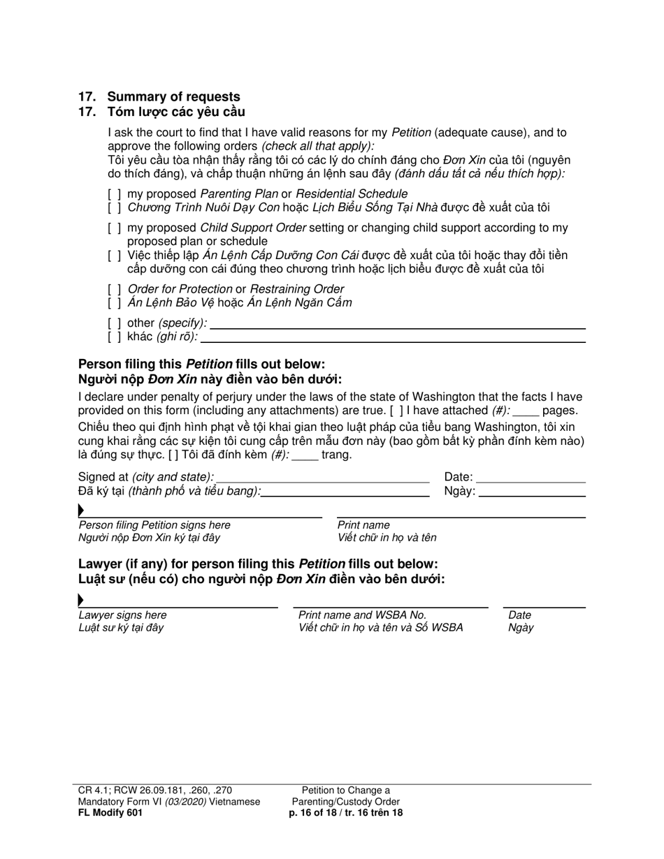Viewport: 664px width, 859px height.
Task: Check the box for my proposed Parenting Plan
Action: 115,193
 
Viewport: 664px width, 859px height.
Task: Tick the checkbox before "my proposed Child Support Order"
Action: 115,228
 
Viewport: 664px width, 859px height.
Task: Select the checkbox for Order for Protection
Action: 115,289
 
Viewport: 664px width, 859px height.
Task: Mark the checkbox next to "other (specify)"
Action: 115,323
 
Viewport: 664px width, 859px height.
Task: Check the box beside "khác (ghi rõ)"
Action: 115,337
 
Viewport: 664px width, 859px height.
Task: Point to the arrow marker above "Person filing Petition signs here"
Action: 82,511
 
